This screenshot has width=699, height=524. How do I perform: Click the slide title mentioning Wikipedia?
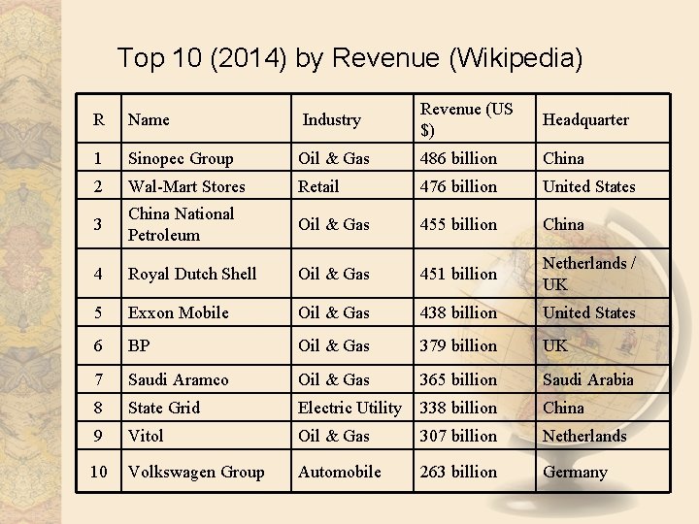click(349, 58)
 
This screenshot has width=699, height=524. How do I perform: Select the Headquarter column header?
click(585, 119)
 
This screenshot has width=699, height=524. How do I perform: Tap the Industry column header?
click(331, 119)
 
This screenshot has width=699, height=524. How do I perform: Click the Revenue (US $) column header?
click(466, 119)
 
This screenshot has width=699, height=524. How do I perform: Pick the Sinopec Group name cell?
click(181, 158)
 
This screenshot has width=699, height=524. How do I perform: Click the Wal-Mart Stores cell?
click(186, 186)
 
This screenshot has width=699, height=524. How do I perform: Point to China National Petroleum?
click(181, 224)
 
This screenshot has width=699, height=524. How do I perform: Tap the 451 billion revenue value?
click(458, 274)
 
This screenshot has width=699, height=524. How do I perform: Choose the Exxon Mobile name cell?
click(179, 312)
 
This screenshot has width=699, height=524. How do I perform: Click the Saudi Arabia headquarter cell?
click(587, 379)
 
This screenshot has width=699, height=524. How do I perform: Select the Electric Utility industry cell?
click(349, 408)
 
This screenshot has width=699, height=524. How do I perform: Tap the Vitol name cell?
click(146, 436)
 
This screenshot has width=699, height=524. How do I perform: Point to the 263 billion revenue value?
click(458, 472)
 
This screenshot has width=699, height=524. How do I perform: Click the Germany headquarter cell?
click(575, 473)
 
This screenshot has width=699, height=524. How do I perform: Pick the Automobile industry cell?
click(341, 472)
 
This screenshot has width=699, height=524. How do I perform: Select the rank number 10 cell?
click(99, 472)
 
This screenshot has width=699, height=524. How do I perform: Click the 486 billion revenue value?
click(458, 158)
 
